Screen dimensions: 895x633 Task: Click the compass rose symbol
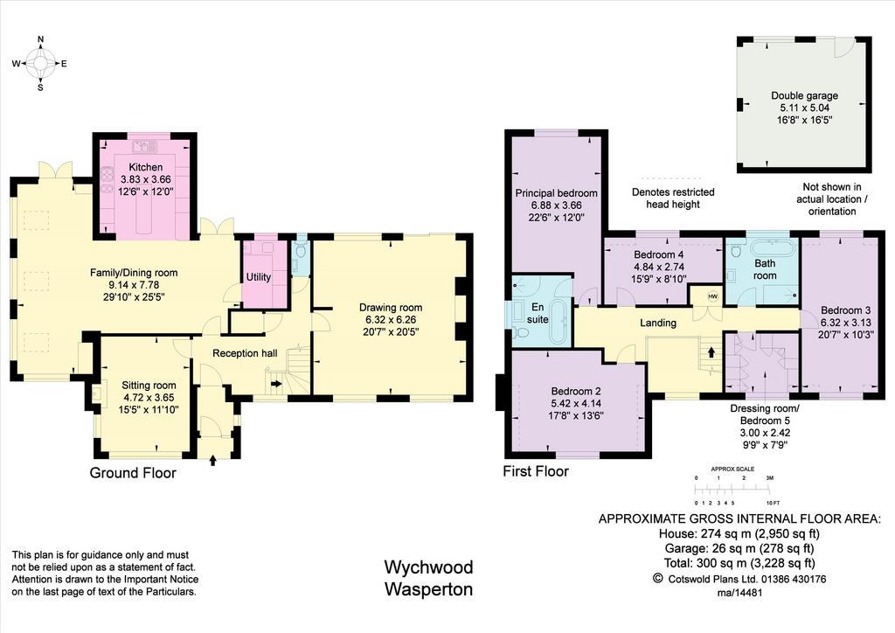point(40,63)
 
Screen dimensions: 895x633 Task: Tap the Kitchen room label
point(146,167)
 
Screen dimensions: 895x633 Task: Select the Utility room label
point(259,277)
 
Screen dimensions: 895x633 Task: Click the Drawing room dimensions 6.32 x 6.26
point(391,320)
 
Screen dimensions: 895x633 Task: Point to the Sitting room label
point(149,386)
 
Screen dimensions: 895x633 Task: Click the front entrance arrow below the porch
point(213,460)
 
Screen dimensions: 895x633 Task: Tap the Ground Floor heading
point(133,473)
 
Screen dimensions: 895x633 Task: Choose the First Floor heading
point(536,471)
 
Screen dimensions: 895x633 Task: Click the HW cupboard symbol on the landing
point(712,296)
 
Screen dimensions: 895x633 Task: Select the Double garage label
point(805,95)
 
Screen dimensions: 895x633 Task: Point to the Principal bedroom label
point(557,193)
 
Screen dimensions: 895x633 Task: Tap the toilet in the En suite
point(521,333)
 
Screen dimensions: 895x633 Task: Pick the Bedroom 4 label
point(659,254)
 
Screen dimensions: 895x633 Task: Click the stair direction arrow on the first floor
point(711,351)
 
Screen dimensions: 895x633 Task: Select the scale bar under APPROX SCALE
point(732,490)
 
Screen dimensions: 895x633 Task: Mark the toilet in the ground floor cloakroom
point(301,250)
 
